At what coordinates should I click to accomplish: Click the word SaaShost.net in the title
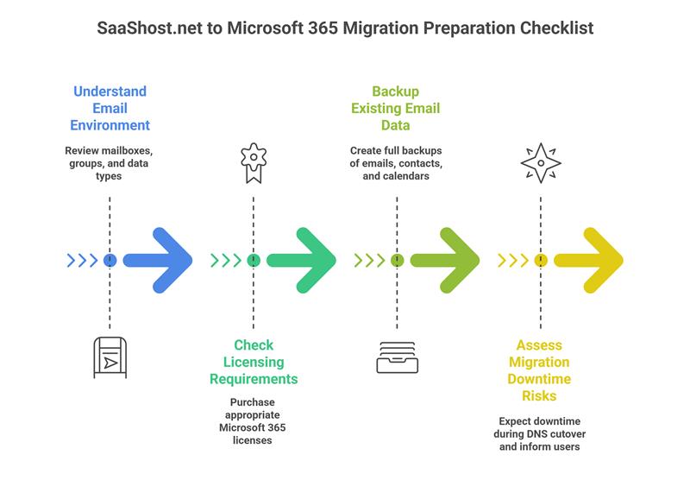click(x=147, y=28)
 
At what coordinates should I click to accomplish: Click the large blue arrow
click(x=160, y=260)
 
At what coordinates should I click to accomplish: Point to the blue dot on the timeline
click(x=110, y=260)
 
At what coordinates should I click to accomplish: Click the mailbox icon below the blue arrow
click(x=110, y=357)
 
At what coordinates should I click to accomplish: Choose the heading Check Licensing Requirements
click(x=253, y=363)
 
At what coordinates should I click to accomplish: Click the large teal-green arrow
click(x=303, y=260)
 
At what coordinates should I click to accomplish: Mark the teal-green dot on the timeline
click(x=253, y=260)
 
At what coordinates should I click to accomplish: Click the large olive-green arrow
click(x=447, y=260)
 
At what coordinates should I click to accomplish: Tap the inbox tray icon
click(x=397, y=357)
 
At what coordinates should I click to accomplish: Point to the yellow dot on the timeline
click(x=541, y=260)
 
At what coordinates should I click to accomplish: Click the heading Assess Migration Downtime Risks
click(x=541, y=370)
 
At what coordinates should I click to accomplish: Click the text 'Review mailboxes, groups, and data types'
click(x=110, y=163)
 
